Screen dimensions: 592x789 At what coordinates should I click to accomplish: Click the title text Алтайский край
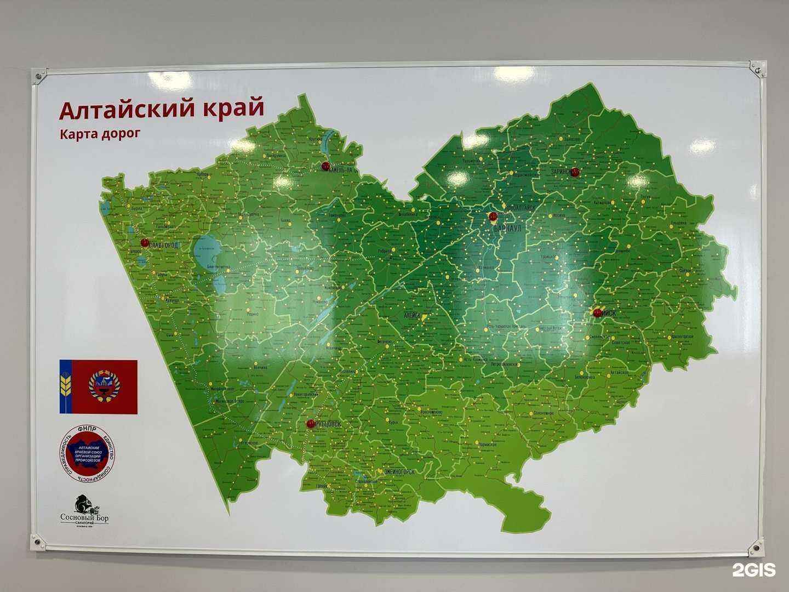click(x=162, y=109)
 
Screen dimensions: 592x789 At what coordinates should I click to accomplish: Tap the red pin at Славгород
click(x=145, y=242)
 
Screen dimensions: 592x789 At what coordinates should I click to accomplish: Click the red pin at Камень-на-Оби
click(x=325, y=166)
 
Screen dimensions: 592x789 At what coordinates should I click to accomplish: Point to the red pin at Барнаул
click(x=493, y=217)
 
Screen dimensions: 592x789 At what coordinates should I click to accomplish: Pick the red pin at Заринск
click(x=574, y=171)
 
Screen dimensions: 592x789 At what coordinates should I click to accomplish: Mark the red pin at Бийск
click(x=597, y=312)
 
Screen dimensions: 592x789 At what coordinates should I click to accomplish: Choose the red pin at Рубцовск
click(x=311, y=424)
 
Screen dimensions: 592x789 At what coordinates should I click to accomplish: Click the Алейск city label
click(x=411, y=316)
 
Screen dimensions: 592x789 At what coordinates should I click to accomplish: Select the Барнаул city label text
click(x=507, y=227)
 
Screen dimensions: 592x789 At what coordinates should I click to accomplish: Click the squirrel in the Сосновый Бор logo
click(x=83, y=505)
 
